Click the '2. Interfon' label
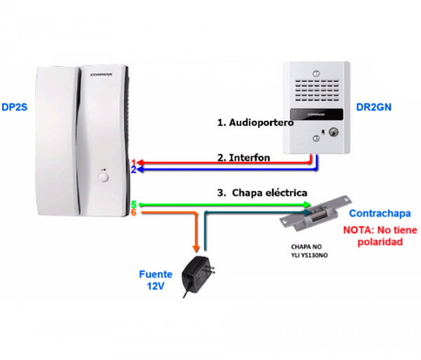tap(244, 158)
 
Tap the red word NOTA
tap(358, 229)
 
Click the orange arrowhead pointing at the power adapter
tap(196, 247)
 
